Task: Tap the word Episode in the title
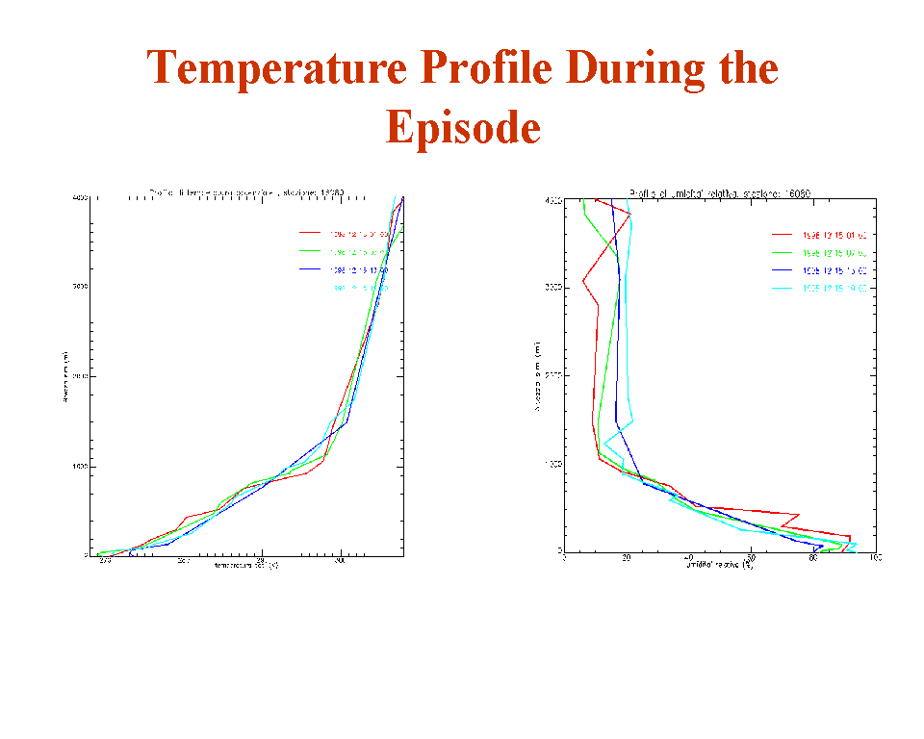pos(463,126)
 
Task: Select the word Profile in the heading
pos(484,68)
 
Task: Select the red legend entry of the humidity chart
pos(834,234)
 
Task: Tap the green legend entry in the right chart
pos(834,252)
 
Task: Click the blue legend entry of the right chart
pos(834,270)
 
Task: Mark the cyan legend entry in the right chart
pos(834,288)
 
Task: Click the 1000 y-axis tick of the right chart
pos(552,465)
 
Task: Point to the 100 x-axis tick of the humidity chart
pos(875,558)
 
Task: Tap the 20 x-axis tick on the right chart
pos(627,558)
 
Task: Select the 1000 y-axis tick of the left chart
pos(81,467)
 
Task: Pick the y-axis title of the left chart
pos(64,377)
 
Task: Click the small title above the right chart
pos(719,192)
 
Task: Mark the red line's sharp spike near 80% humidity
pos(850,536)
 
